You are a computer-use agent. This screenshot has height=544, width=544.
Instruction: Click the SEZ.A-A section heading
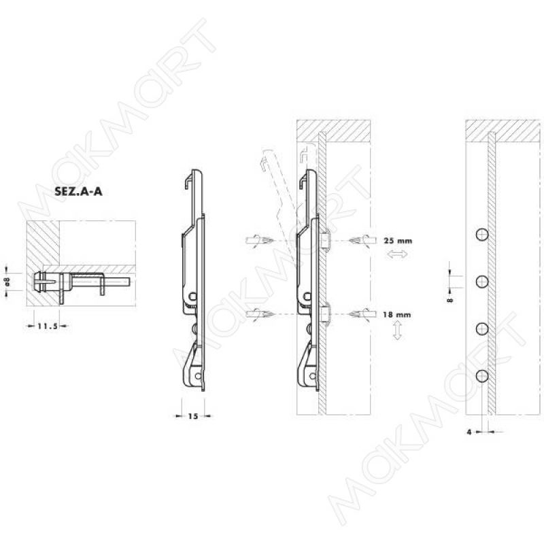78,192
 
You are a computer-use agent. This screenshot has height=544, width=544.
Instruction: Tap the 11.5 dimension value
48,326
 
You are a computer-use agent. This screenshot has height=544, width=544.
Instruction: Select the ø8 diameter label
8,282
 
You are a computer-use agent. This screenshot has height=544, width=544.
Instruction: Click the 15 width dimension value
193,416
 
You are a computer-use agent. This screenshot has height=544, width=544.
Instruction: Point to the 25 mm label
398,241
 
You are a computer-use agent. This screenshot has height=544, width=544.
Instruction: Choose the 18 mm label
397,315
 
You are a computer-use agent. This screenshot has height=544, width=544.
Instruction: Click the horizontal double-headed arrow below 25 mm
397,254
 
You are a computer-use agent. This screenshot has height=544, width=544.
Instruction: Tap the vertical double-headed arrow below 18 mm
398,330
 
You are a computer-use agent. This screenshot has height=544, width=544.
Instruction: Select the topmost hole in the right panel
482,235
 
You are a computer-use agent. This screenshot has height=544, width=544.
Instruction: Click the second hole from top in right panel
482,282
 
